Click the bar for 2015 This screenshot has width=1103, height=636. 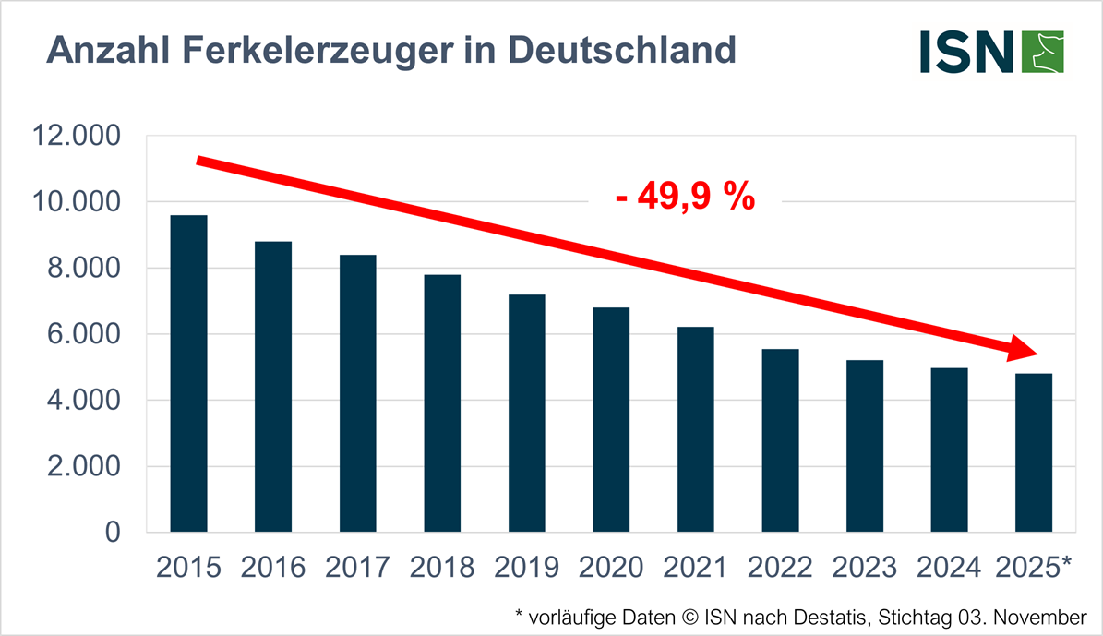pyautogui.click(x=188, y=373)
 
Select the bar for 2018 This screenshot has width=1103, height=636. pyautogui.click(x=442, y=403)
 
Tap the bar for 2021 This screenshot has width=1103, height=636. pyautogui.click(x=695, y=429)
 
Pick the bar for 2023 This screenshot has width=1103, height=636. pyautogui.click(x=865, y=446)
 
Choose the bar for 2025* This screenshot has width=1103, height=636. pyautogui.click(x=1034, y=452)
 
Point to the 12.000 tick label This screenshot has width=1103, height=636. pyautogui.click(x=77, y=136)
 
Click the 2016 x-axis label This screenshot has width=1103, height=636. pyautogui.click(x=273, y=567)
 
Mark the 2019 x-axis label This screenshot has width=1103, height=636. pyautogui.click(x=527, y=567)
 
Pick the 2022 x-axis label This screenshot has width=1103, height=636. pyautogui.click(x=781, y=567)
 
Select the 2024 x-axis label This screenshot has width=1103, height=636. pyautogui.click(x=950, y=567)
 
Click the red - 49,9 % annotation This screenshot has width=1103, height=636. pyautogui.click(x=685, y=198)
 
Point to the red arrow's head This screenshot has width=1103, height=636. pyautogui.click(x=1025, y=351)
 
